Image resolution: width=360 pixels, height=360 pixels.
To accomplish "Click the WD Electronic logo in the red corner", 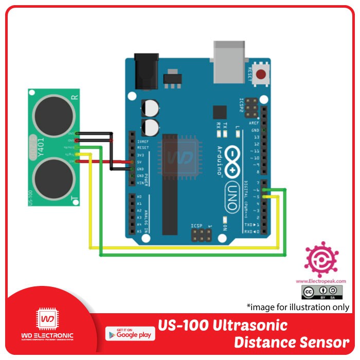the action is pyautogui.click(x=47, y=327).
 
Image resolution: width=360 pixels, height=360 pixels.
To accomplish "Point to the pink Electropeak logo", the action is pyautogui.click(x=321, y=260).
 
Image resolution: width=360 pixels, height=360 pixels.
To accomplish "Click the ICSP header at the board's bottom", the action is pyautogui.click(x=201, y=236).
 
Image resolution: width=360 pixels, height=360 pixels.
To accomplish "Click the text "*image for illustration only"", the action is pyautogui.click(x=298, y=307).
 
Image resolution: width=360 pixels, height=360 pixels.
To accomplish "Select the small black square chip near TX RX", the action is pyautogui.click(x=220, y=113).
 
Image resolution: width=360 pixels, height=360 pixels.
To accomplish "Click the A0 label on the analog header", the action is pyautogui.click(x=139, y=197).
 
